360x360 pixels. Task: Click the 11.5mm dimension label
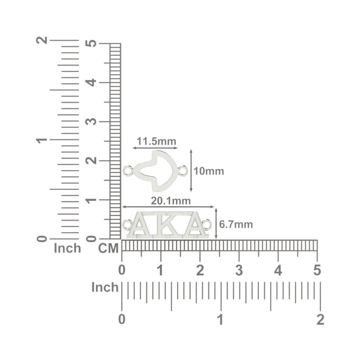tap(157, 141)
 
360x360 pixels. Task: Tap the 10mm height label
tap(208, 171)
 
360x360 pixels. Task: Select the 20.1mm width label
tap(171, 201)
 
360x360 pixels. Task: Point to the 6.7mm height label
tap(236, 224)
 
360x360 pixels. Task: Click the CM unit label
tap(109, 249)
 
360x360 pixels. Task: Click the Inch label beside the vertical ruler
tap(67, 248)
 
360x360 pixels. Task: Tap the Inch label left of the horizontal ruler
tap(105, 287)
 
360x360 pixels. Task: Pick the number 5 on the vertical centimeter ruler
tap(91, 44)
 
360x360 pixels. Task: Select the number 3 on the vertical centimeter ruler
tap(91, 121)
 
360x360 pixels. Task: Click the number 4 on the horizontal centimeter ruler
tap(278, 271)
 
